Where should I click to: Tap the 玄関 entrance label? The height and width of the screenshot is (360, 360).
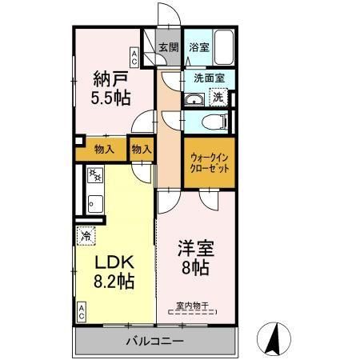(168, 46)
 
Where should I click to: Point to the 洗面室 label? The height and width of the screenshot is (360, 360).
(210, 78)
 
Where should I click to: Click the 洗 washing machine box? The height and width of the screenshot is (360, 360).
(218, 96)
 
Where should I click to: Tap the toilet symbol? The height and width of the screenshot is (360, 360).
(211, 122)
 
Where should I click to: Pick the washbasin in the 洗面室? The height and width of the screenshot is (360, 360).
(194, 99)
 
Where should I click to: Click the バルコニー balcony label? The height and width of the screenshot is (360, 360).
(154, 342)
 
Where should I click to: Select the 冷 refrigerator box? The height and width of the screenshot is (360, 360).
(86, 236)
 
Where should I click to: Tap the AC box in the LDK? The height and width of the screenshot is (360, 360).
(82, 310)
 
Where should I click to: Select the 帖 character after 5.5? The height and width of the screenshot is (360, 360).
(122, 98)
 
